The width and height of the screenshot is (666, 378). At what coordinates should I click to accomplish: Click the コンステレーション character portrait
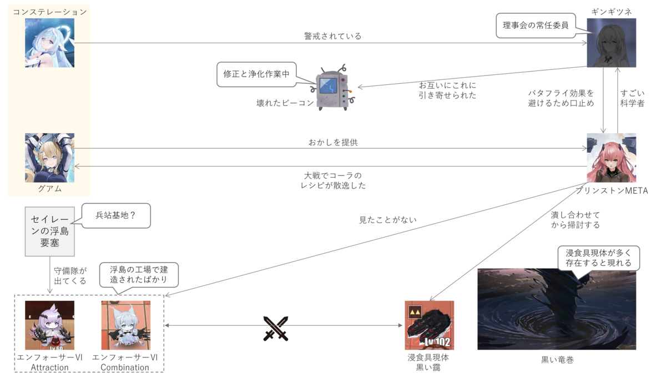(x=49, y=43)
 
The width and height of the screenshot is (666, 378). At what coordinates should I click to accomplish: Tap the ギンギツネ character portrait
(x=612, y=43)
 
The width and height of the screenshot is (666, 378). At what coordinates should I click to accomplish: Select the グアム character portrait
(x=49, y=158)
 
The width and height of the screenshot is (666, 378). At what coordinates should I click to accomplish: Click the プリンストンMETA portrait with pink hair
(x=612, y=158)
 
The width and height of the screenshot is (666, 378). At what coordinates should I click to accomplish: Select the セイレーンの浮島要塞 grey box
(x=49, y=231)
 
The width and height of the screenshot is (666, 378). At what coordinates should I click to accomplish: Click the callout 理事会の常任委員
(x=535, y=26)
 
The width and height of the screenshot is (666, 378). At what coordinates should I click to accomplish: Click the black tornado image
(x=556, y=309)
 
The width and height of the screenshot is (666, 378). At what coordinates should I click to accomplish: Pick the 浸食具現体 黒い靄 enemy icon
(x=430, y=325)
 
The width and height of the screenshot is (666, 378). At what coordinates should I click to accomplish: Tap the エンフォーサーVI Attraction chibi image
(x=49, y=325)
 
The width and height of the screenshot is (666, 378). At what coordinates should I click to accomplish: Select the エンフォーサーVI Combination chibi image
(x=125, y=325)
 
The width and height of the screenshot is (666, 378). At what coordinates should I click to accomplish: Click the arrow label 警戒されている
(x=332, y=36)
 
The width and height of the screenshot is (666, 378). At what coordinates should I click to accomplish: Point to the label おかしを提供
(x=333, y=143)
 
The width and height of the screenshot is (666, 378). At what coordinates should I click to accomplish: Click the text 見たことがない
(x=388, y=220)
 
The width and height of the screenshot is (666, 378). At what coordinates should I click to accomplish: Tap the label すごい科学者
(x=632, y=97)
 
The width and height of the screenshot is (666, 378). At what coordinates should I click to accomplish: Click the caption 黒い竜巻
(x=557, y=360)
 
